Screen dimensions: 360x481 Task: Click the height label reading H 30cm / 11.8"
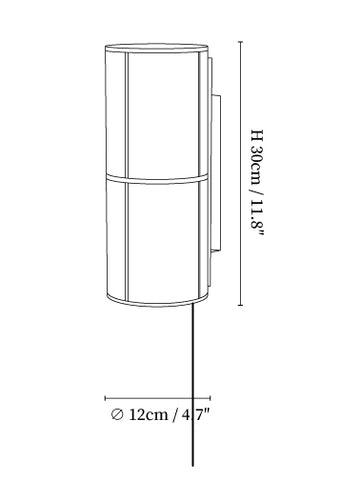coord(257,183)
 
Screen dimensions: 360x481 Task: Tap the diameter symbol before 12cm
coord(117,415)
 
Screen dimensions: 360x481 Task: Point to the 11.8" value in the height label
coord(257,218)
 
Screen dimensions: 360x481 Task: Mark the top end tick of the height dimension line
coord(240,42)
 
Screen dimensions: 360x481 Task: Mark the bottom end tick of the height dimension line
coord(240,305)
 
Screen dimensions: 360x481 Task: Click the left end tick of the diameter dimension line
coord(105,398)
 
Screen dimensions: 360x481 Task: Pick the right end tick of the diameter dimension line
coord(210,398)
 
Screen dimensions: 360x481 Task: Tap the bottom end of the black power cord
coord(193,465)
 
